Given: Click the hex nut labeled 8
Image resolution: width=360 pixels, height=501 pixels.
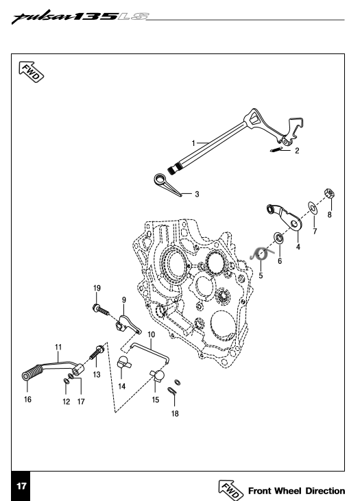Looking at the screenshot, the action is (x=329, y=193).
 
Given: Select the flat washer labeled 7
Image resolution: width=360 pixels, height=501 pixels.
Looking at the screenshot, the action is (x=313, y=208).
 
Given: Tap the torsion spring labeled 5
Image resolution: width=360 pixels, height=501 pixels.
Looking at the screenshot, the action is (x=261, y=254).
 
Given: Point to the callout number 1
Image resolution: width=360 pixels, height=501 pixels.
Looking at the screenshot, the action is (x=193, y=143).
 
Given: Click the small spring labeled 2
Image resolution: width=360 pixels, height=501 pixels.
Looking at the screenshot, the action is (x=276, y=149).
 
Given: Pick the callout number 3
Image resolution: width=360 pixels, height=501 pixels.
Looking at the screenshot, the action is (x=197, y=194).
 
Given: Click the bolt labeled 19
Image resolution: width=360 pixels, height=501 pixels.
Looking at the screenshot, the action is (x=101, y=310).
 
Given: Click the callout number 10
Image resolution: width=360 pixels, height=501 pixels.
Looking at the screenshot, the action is (x=152, y=334).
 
